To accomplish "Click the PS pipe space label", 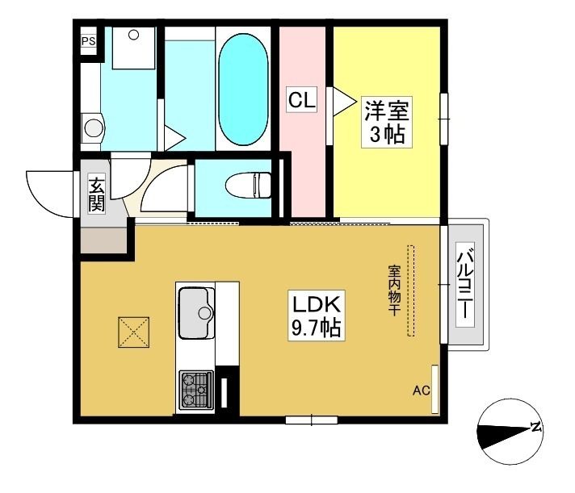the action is coord(88,40).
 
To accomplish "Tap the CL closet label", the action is coord(301,99).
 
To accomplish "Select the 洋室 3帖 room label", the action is coord(387,122).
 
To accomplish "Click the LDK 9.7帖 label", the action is coord(317,315).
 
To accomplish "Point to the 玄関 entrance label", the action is coord(96,194).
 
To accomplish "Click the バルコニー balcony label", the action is coord(465,285).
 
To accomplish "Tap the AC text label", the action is coord(421,391).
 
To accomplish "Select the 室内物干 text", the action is coord(394,290).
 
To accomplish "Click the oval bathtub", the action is coord(243,90).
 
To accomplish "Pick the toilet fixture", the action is coord(248,186).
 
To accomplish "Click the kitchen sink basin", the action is coord(196,313).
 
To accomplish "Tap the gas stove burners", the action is coord(196,390).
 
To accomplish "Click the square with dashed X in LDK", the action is coord(133,332).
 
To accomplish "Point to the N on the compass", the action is coord(535,427).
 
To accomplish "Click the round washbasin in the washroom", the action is coord(93,127).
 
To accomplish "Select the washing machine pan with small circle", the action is coord(133,48).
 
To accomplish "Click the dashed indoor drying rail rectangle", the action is coord(411,290).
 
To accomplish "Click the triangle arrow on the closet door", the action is coord(344,102).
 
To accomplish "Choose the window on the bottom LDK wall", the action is coord(312,420).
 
